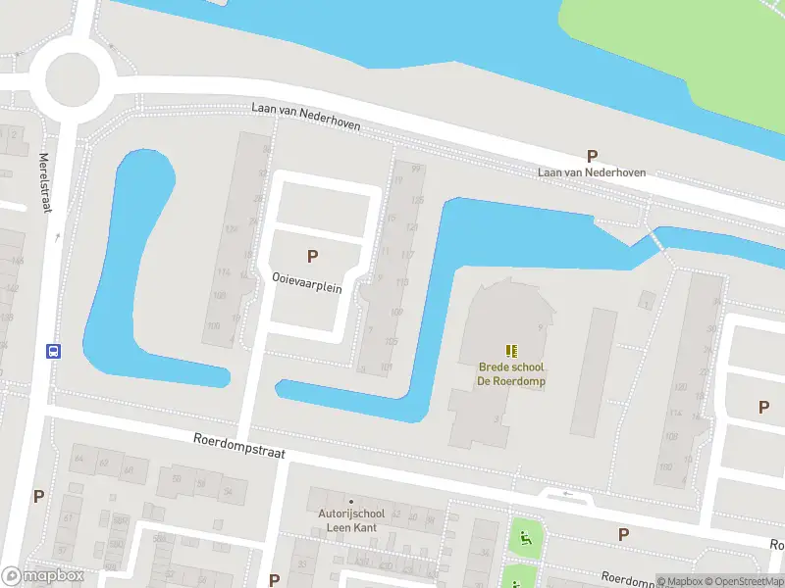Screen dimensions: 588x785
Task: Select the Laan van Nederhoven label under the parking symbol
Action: pyautogui.click(x=592, y=172)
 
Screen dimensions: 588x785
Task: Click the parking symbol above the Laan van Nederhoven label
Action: pyautogui.click(x=592, y=155)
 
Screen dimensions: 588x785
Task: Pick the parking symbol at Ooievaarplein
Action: pyautogui.click(x=312, y=257)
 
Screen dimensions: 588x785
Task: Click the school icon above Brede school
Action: pyautogui.click(x=511, y=350)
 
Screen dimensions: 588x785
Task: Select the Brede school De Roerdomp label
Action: pyautogui.click(x=511, y=373)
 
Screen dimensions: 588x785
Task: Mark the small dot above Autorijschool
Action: pyautogui.click(x=350, y=502)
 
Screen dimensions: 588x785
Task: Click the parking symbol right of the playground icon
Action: pyautogui.click(x=623, y=534)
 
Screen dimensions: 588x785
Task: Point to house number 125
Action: pyautogui.click(x=416, y=200)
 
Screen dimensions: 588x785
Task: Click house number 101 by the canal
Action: pyautogui.click(x=388, y=367)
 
